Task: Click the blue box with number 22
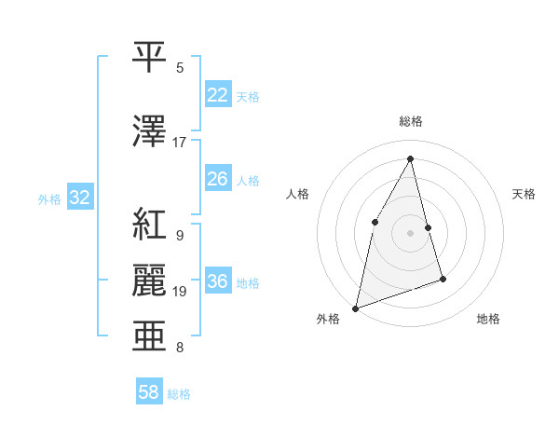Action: pyautogui.click(x=217, y=95)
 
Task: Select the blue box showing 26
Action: pyautogui.click(x=217, y=179)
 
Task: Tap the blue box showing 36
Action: pyautogui.click(x=217, y=281)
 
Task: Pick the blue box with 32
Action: pyautogui.click(x=79, y=198)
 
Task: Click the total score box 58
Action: pyautogui.click(x=149, y=392)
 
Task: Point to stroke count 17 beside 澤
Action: pyautogui.click(x=179, y=143)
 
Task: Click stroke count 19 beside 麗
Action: pyautogui.click(x=179, y=292)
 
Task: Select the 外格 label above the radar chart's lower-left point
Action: pyautogui.click(x=328, y=319)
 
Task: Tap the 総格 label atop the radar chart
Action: pyautogui.click(x=411, y=121)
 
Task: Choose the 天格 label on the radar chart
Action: pyautogui.click(x=524, y=194)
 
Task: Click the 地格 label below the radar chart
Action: pyautogui.click(x=488, y=319)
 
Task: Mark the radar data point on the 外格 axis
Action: pyautogui.click(x=356, y=308)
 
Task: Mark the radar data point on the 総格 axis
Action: pyautogui.click(x=411, y=158)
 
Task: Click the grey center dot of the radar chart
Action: pyautogui.click(x=411, y=232)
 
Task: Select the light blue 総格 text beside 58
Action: pyautogui.click(x=179, y=394)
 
